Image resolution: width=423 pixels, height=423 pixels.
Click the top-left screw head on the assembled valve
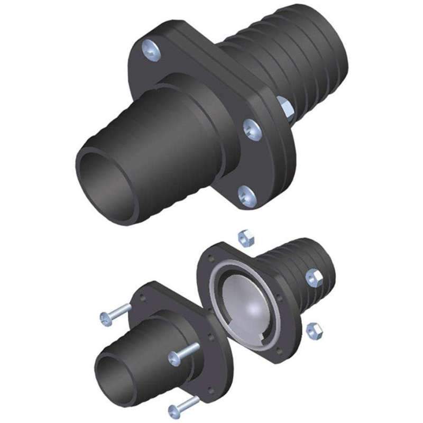[150, 50]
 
